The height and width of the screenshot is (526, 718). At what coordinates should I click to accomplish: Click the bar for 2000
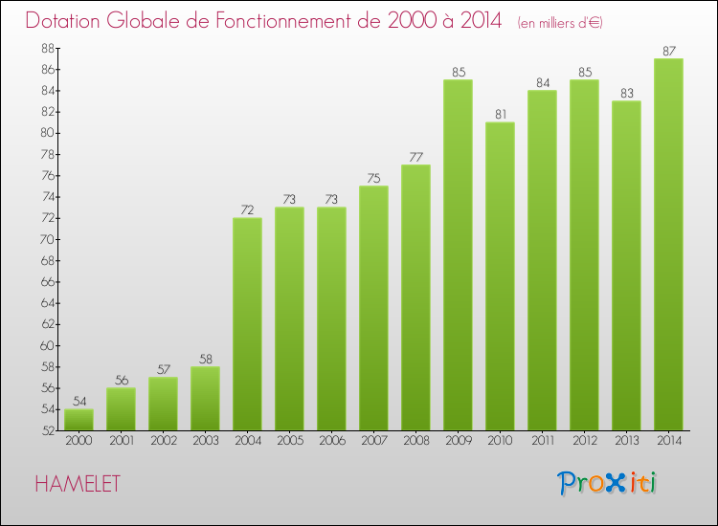click(x=79, y=420)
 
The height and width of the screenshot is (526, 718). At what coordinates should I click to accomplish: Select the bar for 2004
click(x=247, y=324)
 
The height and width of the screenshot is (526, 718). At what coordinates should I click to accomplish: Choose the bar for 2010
click(x=500, y=276)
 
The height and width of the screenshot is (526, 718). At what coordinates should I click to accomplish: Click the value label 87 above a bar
click(x=668, y=51)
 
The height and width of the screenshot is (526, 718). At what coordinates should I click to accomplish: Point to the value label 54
click(x=79, y=401)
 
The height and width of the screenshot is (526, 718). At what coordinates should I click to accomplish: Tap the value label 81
click(x=500, y=115)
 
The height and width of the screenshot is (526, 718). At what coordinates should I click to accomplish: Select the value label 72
click(x=247, y=209)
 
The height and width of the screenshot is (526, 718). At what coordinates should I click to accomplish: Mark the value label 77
click(x=415, y=157)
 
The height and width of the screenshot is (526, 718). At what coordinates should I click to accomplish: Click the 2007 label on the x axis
click(x=373, y=441)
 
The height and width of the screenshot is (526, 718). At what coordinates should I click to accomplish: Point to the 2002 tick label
click(x=163, y=441)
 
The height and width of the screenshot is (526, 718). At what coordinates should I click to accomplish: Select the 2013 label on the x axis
click(x=626, y=441)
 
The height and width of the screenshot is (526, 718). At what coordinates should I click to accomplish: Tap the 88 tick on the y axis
click(x=46, y=49)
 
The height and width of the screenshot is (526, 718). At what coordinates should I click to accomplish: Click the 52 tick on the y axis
click(x=46, y=430)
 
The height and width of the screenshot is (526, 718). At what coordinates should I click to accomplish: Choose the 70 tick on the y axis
click(x=46, y=240)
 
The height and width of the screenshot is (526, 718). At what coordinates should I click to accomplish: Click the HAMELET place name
click(x=78, y=484)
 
